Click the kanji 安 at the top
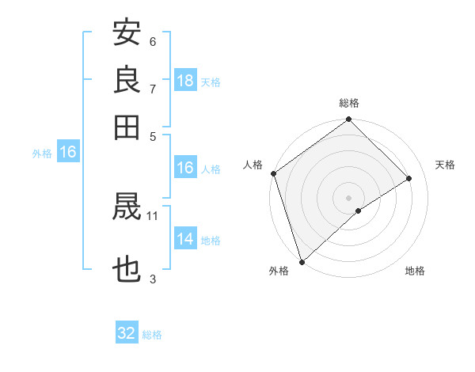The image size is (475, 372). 127,33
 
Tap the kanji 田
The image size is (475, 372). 127,126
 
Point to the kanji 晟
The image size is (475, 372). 127,208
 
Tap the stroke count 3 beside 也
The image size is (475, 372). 153,278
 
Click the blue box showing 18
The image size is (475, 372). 185,81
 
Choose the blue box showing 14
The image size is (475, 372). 185,239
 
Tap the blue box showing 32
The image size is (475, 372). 127,333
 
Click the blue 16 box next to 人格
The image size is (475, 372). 185,168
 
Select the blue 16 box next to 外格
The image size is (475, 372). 68,153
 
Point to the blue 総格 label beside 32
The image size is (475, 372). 152,335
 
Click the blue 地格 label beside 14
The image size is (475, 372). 211,241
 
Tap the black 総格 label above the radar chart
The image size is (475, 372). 349,104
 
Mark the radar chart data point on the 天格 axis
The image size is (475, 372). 409,178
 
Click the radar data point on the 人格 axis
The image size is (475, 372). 273,173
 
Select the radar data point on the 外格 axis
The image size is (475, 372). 302,262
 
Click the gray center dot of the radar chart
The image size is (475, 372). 349,197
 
